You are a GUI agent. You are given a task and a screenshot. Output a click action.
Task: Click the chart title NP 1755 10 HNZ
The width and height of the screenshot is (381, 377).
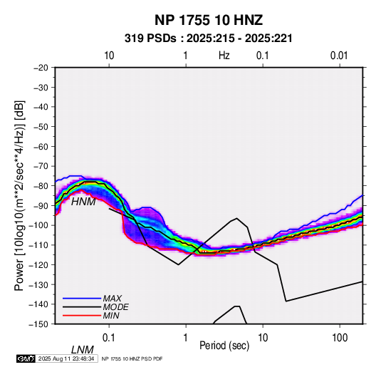tap(209, 20)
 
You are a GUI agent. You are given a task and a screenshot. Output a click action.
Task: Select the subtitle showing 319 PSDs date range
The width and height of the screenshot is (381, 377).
tap(208, 38)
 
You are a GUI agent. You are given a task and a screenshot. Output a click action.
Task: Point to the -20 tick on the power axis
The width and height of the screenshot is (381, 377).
tap(41, 68)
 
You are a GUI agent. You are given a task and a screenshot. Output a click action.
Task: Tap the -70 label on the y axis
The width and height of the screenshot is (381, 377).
tap(41, 166)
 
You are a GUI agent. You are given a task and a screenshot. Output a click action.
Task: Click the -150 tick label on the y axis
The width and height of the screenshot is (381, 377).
tap(38, 324)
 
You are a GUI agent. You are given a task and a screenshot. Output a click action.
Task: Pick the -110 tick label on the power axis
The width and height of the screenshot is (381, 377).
tap(38, 245)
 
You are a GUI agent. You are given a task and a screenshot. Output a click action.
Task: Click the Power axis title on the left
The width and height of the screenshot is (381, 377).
tap(19, 195)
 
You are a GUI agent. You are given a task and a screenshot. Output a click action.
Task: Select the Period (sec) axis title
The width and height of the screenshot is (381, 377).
tap(224, 346)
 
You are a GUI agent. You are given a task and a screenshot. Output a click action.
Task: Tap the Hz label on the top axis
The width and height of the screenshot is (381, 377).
tap(224, 56)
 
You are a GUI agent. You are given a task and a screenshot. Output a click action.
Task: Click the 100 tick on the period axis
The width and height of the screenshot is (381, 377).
tap(340, 338)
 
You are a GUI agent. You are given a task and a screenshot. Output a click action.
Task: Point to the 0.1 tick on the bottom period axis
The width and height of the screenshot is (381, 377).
tap(109, 338)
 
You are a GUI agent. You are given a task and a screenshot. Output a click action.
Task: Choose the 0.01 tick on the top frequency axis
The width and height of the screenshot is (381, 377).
tap(339, 56)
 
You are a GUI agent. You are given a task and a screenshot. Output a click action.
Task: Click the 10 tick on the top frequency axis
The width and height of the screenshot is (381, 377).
tap(109, 56)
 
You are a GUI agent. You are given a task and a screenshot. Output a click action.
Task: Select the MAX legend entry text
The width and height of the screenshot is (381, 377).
tap(112, 298)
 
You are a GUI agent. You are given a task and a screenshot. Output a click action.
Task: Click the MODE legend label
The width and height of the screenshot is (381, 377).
tap(115, 307)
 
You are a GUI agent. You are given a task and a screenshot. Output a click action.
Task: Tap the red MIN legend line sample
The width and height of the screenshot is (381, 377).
tap(82, 316)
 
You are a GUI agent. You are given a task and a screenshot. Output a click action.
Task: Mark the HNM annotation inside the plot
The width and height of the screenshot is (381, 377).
tap(83, 202)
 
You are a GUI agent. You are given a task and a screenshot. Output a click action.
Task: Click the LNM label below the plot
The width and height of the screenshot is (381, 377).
tap(83, 350)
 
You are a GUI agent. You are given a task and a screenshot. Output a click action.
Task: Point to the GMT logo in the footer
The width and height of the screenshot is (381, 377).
tap(26, 358)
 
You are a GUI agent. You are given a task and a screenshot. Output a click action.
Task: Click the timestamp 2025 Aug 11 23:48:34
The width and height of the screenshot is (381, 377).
tap(66, 358)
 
